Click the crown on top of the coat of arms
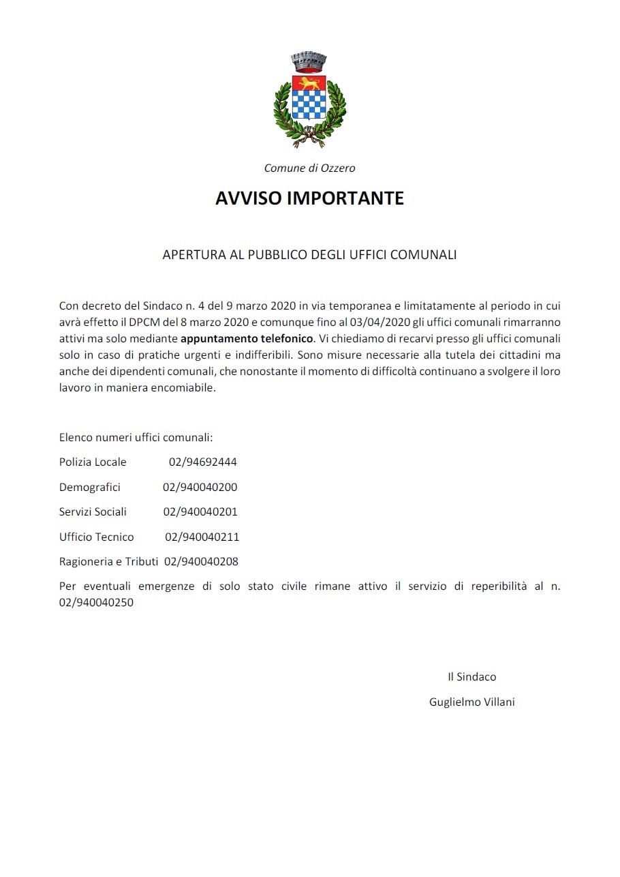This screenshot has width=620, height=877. point(309,62)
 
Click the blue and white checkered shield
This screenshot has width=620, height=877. point(309,106)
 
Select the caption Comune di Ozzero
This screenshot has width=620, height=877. point(309,168)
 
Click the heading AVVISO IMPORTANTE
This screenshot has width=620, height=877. point(309,198)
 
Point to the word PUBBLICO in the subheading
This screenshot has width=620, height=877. point(277,255)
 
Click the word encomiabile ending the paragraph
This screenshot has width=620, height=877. point(185,388)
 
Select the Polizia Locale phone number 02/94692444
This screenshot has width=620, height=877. point(202,462)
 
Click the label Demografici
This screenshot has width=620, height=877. point(89,487)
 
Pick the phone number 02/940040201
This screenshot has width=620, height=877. point(200,512)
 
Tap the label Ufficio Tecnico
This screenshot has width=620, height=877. point(96,537)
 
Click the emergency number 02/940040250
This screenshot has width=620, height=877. point(96,603)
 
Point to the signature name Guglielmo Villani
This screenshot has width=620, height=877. point(471,702)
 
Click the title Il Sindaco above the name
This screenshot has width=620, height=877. point(471,677)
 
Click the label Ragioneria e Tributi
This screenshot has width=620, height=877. point(108,562)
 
